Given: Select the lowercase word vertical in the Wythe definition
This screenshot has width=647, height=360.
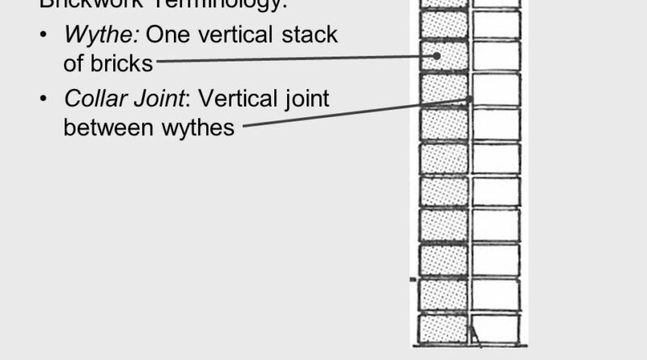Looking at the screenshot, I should (239, 36).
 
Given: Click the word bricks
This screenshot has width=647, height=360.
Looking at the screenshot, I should (122, 64).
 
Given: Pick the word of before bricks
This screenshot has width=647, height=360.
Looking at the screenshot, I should (74, 64).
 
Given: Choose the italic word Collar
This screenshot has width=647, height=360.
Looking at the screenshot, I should (92, 99).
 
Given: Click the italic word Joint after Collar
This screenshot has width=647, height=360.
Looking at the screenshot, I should (159, 99).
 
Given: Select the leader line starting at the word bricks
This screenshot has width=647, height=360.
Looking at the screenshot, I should (291, 59).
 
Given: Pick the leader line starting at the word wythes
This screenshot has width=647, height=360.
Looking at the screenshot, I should (356, 112).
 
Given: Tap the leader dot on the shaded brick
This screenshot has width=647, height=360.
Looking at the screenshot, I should (437, 56).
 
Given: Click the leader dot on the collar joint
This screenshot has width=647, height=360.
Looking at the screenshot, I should (470, 100).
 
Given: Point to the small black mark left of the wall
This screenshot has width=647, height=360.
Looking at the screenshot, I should (412, 279).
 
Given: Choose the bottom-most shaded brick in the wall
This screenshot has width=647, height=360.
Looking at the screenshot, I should (443, 328).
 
